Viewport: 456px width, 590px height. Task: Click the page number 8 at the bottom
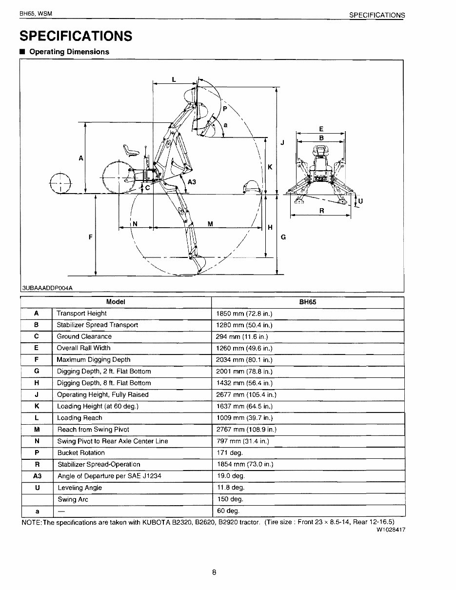pos(214,572)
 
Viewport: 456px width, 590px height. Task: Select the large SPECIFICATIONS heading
pos(76,36)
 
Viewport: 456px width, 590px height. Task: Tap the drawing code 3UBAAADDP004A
pos(47,288)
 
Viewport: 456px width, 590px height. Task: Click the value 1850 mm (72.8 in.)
pos(244,314)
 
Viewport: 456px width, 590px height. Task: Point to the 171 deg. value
pos(229,453)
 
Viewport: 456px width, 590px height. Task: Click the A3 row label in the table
pos(37,476)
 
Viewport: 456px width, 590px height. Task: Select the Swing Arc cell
pos(73,499)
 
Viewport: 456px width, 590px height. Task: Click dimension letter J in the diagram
pos(282,143)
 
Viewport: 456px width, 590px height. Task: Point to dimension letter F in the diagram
pos(90,237)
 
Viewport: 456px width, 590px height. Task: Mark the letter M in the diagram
pos(210,224)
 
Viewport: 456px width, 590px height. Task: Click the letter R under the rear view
pos(321,211)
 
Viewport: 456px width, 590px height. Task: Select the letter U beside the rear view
pos(360,201)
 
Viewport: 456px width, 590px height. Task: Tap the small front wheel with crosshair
pos(60,183)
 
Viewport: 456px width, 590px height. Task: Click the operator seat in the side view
pos(129,151)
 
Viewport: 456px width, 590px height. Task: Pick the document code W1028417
pos(391,530)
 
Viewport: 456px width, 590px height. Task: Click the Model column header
pos(116,302)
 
